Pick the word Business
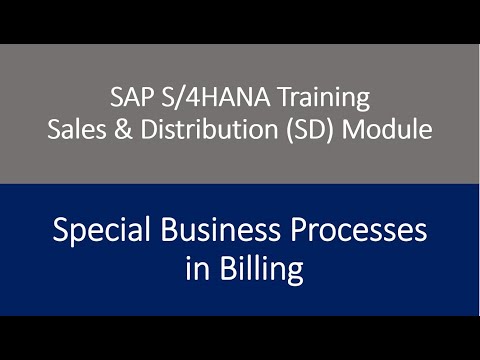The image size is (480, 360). (214, 232)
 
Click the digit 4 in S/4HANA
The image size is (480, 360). (182, 99)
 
